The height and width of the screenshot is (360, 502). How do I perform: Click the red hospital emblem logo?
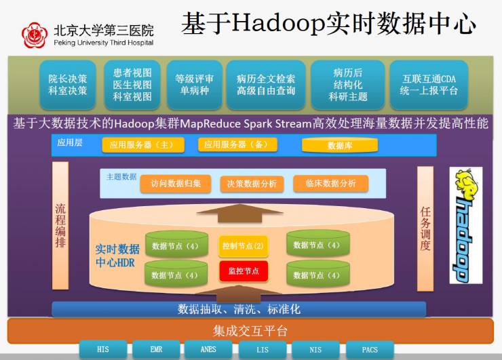tap(33, 35)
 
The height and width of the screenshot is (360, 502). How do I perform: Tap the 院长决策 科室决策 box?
tap(67, 85)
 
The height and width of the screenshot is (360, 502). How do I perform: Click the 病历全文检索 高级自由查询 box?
tap(266, 85)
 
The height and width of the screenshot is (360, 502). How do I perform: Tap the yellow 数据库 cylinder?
tap(339, 145)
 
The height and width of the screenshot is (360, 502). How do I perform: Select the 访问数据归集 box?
tap(175, 183)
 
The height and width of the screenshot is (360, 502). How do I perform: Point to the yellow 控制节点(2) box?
tap(243, 245)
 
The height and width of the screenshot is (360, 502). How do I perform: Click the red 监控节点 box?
tap(243, 271)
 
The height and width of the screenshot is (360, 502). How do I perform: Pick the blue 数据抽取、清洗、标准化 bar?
tap(239, 309)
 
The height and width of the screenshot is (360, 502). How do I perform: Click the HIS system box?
tap(102, 350)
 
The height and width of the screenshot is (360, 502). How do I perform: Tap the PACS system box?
tap(370, 350)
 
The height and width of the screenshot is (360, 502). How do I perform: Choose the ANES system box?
tap(208, 350)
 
